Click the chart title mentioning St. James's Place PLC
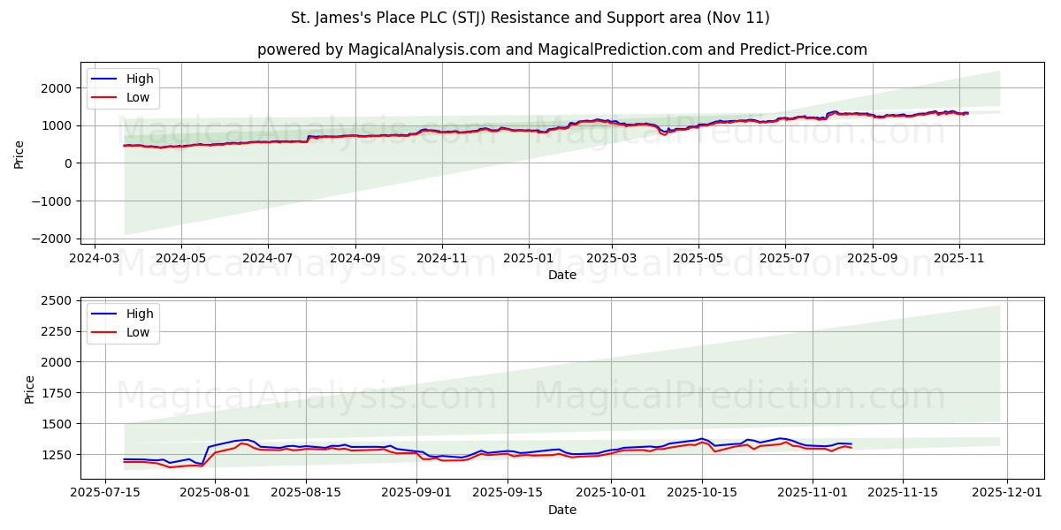tap(530, 18)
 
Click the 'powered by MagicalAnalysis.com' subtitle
tap(562, 49)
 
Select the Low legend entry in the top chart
tap(138, 97)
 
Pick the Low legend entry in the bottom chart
tap(138, 332)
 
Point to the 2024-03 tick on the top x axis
tap(95, 258)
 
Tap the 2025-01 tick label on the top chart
tap(529, 258)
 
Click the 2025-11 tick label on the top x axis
tap(958, 258)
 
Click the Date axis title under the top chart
tap(562, 275)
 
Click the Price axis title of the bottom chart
tap(30, 389)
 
